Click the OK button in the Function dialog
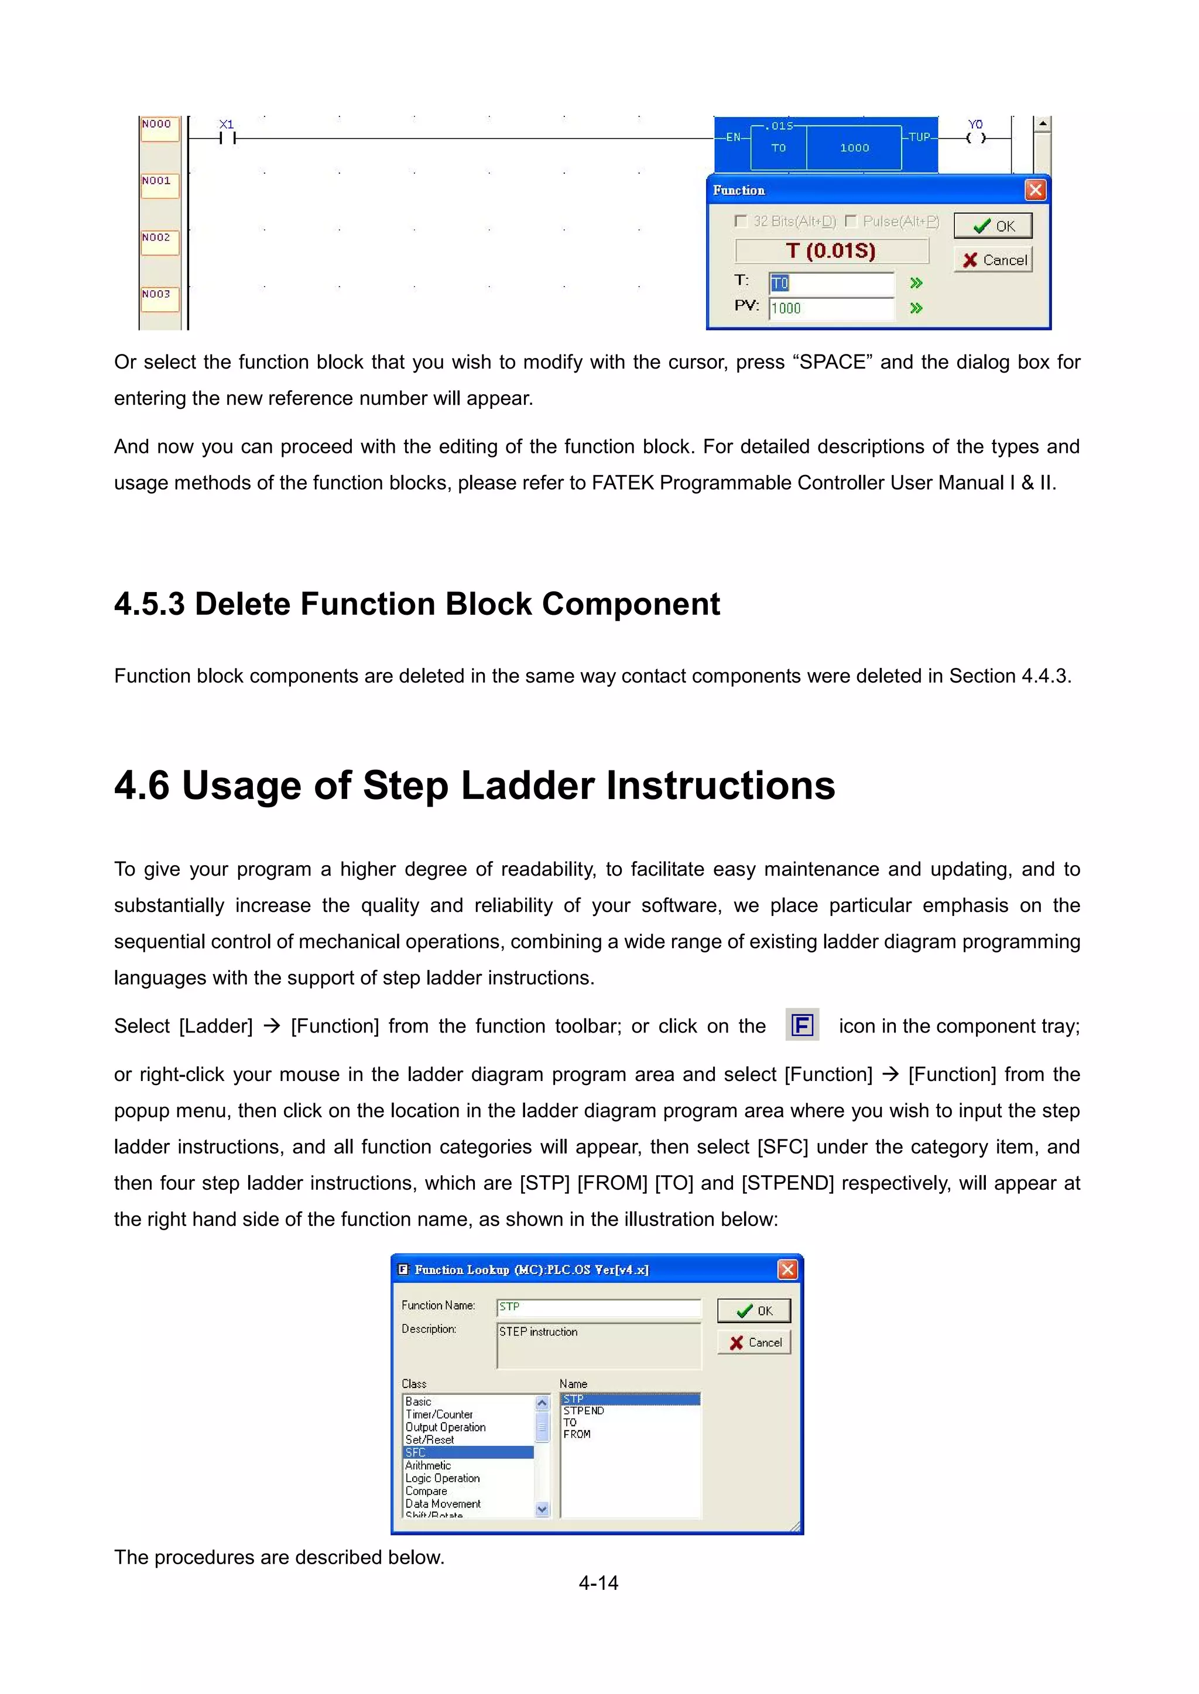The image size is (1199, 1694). tap(992, 226)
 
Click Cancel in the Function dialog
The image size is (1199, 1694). tap(992, 260)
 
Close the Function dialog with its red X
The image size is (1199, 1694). tap(1035, 190)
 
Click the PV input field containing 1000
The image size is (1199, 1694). tap(831, 308)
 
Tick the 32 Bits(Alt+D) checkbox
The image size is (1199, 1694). tap(741, 221)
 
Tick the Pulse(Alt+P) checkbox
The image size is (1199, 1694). tap(851, 221)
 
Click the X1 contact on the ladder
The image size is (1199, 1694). tap(227, 137)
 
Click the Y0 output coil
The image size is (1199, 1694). tap(975, 137)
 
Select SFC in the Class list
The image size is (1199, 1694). tap(468, 1452)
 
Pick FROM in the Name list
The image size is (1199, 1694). tap(577, 1434)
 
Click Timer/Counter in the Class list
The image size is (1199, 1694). tap(439, 1414)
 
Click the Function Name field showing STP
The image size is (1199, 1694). tap(598, 1307)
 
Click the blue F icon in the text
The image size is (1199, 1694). tap(802, 1025)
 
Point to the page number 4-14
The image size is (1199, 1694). tap(598, 1583)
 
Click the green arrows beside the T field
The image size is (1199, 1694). tap(916, 283)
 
